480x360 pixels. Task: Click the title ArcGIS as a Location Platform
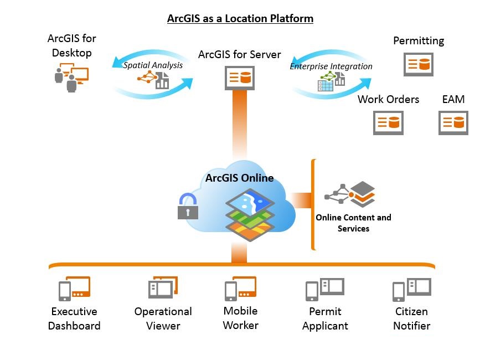click(240, 19)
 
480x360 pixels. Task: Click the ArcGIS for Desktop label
click(72, 45)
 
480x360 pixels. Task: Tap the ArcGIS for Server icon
click(239, 78)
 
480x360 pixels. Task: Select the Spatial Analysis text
click(153, 65)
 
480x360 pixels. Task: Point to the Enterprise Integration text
click(331, 66)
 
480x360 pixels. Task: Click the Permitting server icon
click(418, 64)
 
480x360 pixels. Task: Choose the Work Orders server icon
click(388, 122)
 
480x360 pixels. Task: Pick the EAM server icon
click(453, 122)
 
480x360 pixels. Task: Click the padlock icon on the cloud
click(188, 206)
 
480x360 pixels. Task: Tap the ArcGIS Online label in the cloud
click(239, 178)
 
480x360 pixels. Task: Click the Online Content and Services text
click(353, 223)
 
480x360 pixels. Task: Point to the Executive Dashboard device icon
click(74, 289)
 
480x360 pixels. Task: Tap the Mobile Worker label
click(240, 318)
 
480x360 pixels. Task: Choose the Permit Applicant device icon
click(325, 289)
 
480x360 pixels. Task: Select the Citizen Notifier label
click(411, 318)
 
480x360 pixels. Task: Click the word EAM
click(453, 100)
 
